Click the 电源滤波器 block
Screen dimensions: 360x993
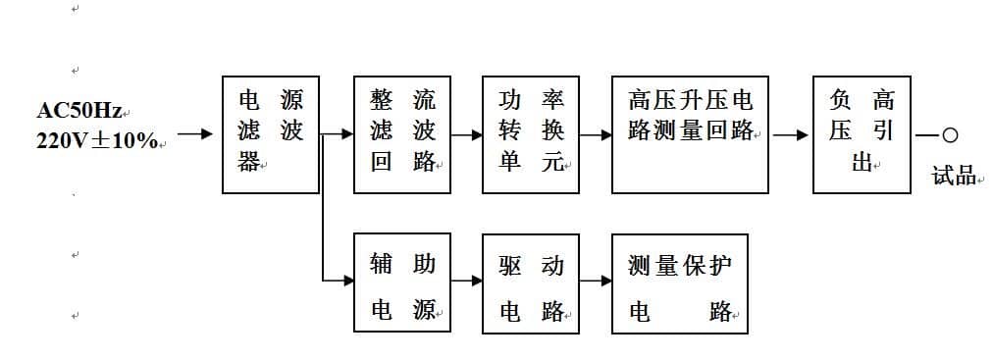271,134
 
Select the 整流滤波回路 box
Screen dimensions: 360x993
402,134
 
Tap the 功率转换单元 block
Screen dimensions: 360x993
531,134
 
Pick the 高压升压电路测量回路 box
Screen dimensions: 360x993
690,134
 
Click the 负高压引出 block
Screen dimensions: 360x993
862,134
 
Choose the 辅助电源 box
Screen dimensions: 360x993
402,283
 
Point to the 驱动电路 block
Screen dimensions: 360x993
531,283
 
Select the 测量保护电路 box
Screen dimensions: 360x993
679,283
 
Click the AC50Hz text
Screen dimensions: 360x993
79,111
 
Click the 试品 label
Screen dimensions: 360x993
954,176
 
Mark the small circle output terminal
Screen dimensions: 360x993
949,135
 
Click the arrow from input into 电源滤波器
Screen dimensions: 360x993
194,134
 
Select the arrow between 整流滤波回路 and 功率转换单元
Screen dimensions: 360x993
467,134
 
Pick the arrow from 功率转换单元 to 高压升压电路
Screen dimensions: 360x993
596,134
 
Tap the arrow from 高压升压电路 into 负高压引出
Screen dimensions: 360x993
791,134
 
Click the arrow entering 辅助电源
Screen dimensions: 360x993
340,281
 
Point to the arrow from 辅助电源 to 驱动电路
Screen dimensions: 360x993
467,281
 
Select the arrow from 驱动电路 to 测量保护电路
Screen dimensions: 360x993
596,281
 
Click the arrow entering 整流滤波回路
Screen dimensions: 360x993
340,134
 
